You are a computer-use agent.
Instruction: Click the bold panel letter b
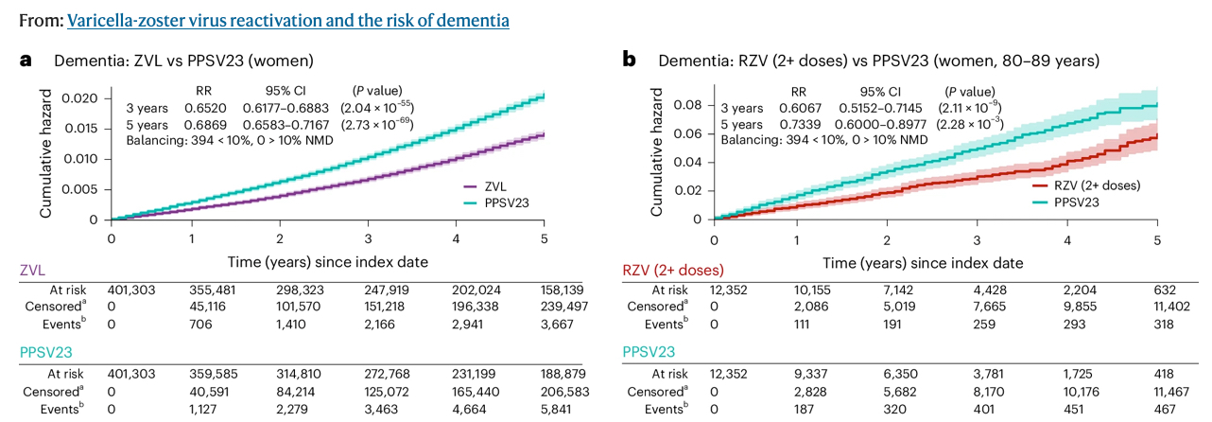coord(628,61)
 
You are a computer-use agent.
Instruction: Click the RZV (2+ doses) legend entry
coord(1097,185)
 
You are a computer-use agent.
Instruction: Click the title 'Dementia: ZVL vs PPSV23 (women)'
coord(183,61)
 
